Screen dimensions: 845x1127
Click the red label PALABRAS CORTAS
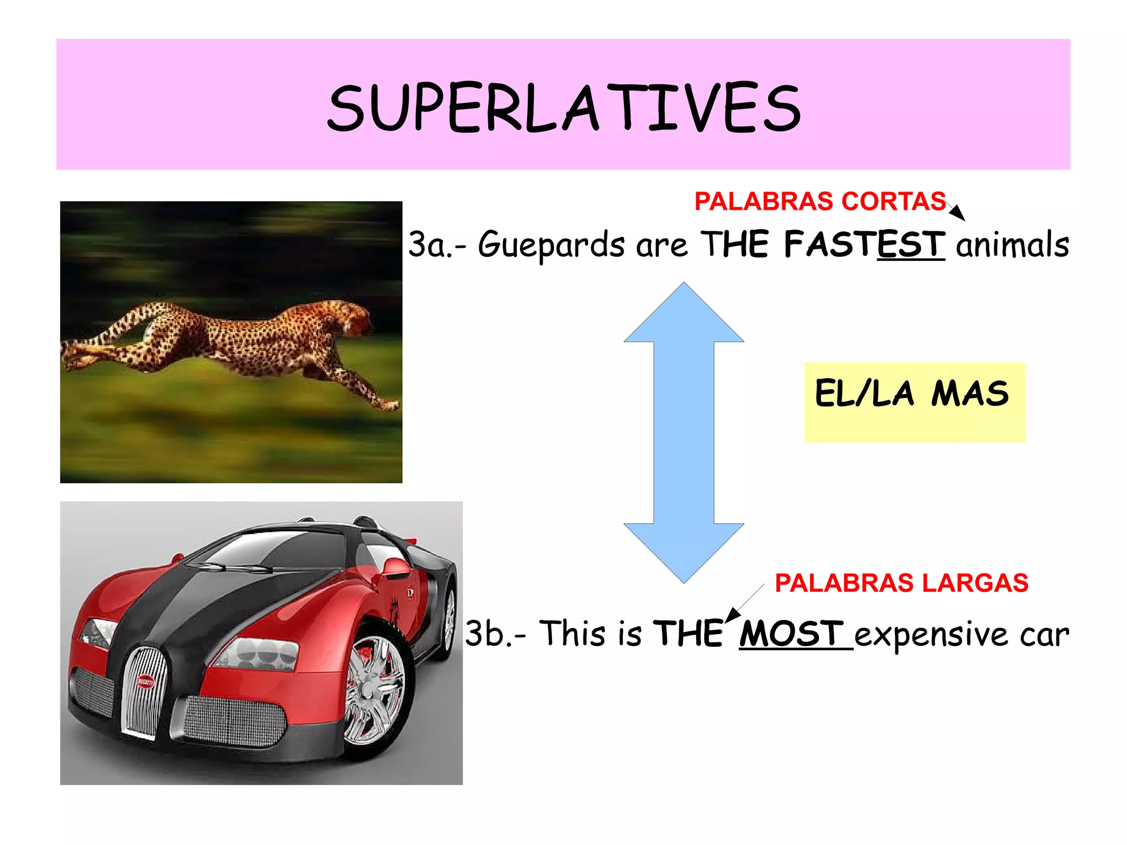click(x=820, y=201)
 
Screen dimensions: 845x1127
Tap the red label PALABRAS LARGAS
click(x=901, y=583)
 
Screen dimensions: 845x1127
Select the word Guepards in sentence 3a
click(x=551, y=245)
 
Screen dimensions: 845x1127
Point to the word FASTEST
click(x=864, y=244)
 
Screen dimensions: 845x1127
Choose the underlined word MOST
click(x=791, y=634)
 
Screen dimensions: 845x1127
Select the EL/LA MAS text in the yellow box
click(x=912, y=394)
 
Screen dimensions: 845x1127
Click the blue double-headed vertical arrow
click(x=683, y=432)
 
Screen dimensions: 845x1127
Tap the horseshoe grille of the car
click(x=144, y=691)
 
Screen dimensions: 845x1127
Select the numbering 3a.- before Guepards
click(x=436, y=245)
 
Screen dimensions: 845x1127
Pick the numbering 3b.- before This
click(x=495, y=634)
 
